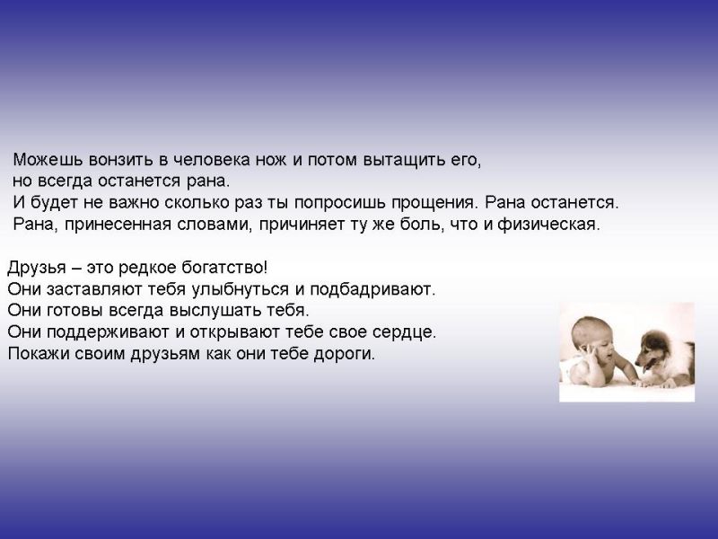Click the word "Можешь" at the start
48,160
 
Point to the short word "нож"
271,160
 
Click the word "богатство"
223,267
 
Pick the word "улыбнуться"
240,289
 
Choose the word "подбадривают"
372,289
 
